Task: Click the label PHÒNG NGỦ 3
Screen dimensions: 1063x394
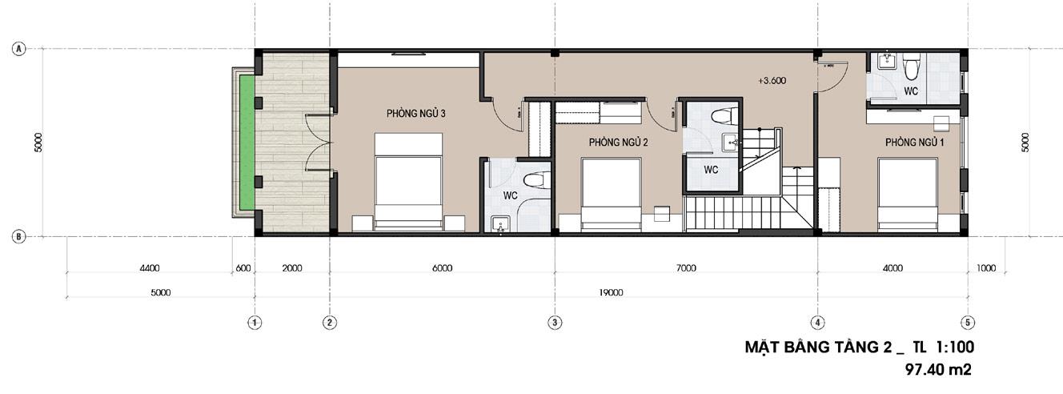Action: [x=415, y=114]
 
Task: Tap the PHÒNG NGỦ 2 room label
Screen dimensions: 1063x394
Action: [x=618, y=142]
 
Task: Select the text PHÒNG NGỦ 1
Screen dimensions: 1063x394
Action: [x=914, y=142]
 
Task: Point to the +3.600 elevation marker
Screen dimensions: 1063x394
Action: [x=772, y=81]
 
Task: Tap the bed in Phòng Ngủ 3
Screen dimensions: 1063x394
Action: [x=408, y=182]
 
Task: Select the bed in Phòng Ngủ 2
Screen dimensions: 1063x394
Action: [x=612, y=195]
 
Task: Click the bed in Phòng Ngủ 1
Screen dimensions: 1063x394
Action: [x=908, y=195]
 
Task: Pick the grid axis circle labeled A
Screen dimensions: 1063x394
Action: [x=18, y=49]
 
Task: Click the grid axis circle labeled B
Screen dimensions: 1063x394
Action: [x=18, y=236]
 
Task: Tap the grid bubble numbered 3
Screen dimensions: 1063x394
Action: [x=555, y=323]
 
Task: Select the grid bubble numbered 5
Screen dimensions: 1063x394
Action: [x=968, y=323]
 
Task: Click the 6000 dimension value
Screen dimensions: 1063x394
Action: [x=443, y=268]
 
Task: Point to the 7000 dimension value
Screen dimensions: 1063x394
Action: [x=686, y=268]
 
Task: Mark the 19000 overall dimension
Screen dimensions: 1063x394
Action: [x=611, y=293]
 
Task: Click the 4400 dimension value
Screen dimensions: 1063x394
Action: [x=150, y=268]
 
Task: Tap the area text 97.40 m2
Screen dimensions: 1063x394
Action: [x=938, y=370]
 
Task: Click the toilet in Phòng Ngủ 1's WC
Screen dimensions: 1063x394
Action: [x=912, y=66]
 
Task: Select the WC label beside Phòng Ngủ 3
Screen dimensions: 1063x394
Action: [x=510, y=195]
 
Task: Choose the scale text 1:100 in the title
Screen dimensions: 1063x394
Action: [x=955, y=347]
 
